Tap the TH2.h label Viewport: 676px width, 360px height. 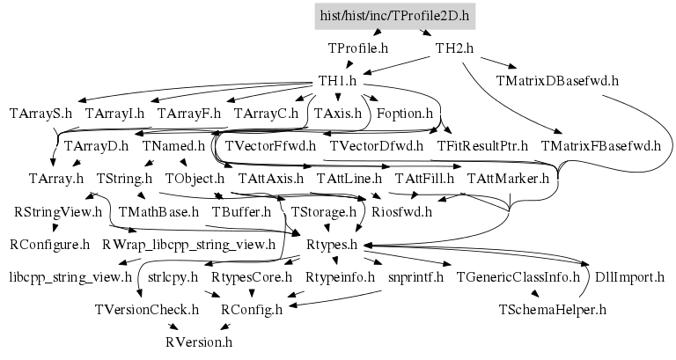(454, 48)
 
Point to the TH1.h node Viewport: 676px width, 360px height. (336, 80)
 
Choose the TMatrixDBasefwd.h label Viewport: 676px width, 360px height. (557, 80)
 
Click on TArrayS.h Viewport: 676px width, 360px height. (40, 113)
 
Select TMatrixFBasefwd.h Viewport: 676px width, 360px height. (600, 145)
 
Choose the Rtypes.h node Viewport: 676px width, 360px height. (331, 244)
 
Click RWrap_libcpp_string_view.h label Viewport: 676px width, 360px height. (189, 244)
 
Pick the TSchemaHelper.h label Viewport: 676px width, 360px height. (553, 309)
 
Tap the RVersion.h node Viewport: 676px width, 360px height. (199, 342)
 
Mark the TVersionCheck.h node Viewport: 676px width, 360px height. (148, 309)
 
